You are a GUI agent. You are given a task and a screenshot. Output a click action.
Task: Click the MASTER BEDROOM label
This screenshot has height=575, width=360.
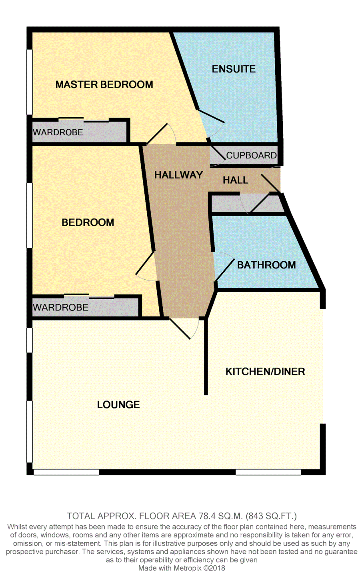(104, 84)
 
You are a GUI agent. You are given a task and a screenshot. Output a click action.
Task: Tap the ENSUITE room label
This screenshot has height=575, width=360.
(234, 69)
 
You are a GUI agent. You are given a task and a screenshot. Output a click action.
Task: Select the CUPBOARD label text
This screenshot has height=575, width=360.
(251, 155)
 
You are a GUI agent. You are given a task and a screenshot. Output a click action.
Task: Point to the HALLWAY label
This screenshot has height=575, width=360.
(178, 175)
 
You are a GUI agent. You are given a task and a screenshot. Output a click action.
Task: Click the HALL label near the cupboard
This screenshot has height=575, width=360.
(235, 180)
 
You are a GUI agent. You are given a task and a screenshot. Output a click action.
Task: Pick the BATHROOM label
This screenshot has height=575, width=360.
(266, 265)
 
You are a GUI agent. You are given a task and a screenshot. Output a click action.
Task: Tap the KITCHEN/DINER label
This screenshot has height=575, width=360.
(265, 371)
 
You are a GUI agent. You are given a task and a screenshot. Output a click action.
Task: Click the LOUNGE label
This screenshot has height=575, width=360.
(118, 405)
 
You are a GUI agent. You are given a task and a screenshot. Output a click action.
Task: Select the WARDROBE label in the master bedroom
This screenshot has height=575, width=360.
(58, 132)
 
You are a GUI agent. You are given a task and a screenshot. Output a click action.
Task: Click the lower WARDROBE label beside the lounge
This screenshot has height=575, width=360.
(61, 307)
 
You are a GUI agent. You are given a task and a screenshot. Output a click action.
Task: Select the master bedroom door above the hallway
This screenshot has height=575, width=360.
(162, 134)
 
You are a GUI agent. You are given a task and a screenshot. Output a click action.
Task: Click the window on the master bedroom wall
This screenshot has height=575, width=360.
(29, 82)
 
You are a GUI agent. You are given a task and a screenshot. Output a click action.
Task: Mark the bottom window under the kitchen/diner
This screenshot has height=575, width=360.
(268, 472)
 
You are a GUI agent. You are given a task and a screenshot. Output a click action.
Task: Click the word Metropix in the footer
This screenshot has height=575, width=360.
(186, 568)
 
